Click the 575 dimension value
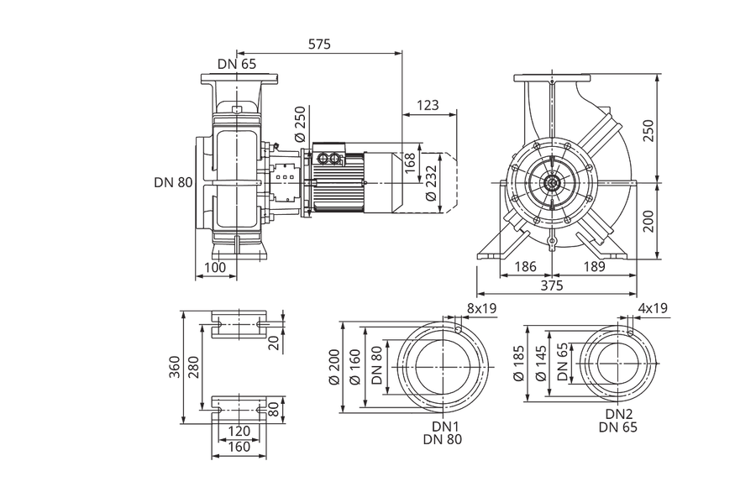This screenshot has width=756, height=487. point(319,45)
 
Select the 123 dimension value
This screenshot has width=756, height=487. point(428,105)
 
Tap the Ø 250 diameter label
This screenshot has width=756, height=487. point(301,124)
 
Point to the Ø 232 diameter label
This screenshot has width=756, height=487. point(431,183)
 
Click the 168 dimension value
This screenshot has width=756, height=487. point(409,164)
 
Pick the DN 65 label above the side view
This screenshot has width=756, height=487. point(237,64)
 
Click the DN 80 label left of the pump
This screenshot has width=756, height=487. point(173,183)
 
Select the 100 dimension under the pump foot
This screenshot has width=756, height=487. point(215,268)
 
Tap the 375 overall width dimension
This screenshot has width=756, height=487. point(552,285)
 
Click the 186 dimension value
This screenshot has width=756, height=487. point(525,267)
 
